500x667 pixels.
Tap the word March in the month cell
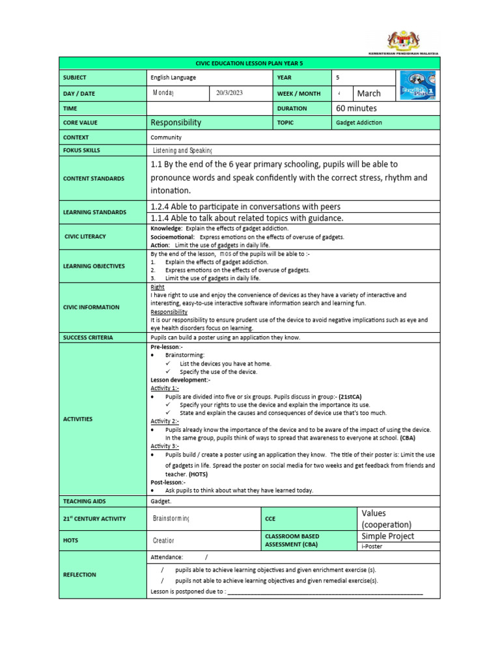coord(369,94)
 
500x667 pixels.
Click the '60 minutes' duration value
coord(356,108)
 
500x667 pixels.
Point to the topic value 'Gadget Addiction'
coord(359,122)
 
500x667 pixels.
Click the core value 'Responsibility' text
coord(176,122)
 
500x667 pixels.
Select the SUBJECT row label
coord(76,78)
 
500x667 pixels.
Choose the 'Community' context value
coord(166,137)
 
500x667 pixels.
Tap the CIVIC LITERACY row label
coord(85,236)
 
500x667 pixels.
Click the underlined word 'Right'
coord(158,287)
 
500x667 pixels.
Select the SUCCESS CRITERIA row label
coord(88,337)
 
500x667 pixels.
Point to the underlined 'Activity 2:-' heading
coord(164,421)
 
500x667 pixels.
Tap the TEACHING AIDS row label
coord(85,502)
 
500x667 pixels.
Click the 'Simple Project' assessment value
coord(388,536)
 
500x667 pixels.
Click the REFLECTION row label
coord(80,575)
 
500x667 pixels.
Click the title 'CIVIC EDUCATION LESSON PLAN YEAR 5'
coord(249,63)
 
